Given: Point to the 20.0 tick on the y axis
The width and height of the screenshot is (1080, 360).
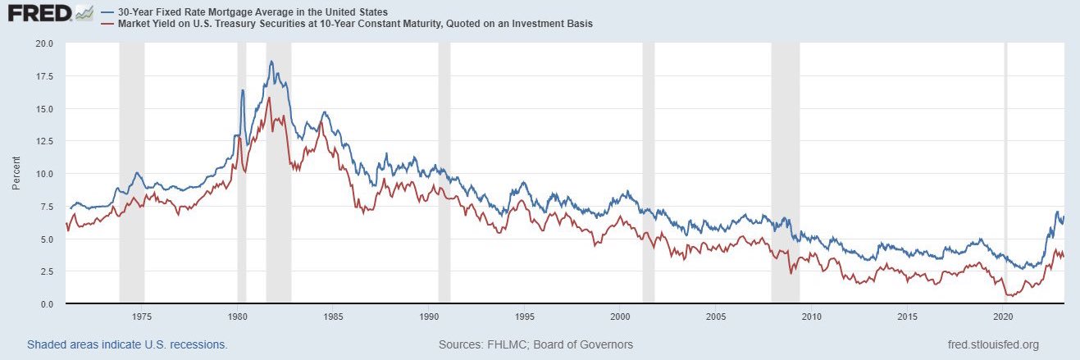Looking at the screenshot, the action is pyautogui.click(x=44, y=43).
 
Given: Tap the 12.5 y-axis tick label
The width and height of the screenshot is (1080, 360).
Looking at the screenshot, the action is pyautogui.click(x=44, y=141).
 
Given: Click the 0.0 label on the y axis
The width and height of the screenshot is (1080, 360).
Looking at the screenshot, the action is pyautogui.click(x=47, y=304).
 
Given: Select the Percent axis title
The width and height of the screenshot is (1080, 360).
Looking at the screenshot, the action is pyautogui.click(x=16, y=173).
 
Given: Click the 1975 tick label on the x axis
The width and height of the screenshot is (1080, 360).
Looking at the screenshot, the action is pyautogui.click(x=142, y=317).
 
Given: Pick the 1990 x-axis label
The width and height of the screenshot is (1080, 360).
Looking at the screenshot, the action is pyautogui.click(x=429, y=317).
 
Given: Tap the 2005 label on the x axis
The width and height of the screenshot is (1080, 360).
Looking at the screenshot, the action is pyautogui.click(x=716, y=317).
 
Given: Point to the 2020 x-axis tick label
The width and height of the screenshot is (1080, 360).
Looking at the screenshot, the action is pyautogui.click(x=1004, y=317).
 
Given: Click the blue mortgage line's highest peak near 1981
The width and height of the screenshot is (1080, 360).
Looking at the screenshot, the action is pyautogui.click(x=271, y=62).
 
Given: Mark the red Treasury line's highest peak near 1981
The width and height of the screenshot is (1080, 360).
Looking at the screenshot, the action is pyautogui.click(x=269, y=98).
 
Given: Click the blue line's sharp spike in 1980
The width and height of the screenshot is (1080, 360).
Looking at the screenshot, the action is pyautogui.click(x=243, y=90).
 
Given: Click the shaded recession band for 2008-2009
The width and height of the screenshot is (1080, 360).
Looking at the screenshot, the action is pyautogui.click(x=786, y=172).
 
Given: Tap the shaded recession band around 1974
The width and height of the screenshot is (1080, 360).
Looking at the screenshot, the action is pyautogui.click(x=132, y=172).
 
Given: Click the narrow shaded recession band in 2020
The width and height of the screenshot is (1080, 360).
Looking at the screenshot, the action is pyautogui.click(x=1005, y=172).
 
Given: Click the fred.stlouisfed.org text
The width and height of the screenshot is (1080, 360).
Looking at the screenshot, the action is pyautogui.click(x=993, y=345).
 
